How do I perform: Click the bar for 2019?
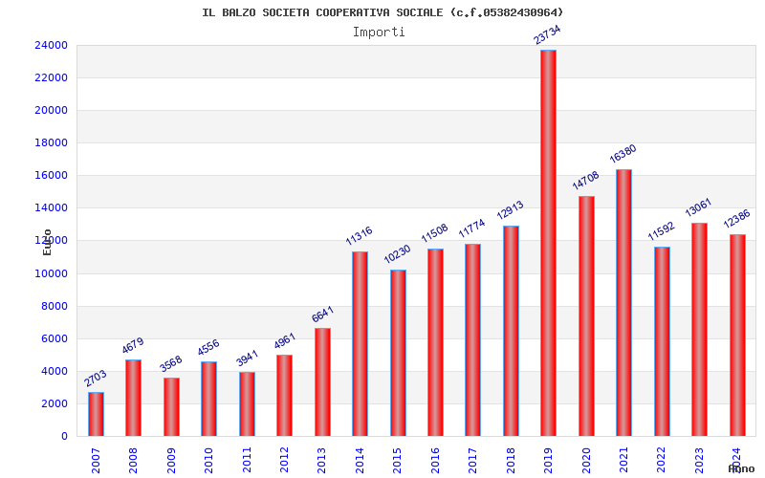click(x=548, y=243)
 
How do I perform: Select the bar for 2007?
click(x=96, y=414)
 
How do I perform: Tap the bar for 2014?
click(x=360, y=343)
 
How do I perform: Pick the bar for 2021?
click(x=623, y=302)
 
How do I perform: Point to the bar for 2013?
click(x=322, y=381)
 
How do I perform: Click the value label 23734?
click(x=547, y=34)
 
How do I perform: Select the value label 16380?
click(x=623, y=154)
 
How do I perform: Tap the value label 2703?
click(x=95, y=378)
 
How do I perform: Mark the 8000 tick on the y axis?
click(x=54, y=306)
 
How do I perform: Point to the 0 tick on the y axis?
click(x=64, y=436)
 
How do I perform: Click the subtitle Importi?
click(x=379, y=32)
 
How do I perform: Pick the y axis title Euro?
click(x=47, y=242)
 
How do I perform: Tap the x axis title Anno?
click(x=741, y=468)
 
